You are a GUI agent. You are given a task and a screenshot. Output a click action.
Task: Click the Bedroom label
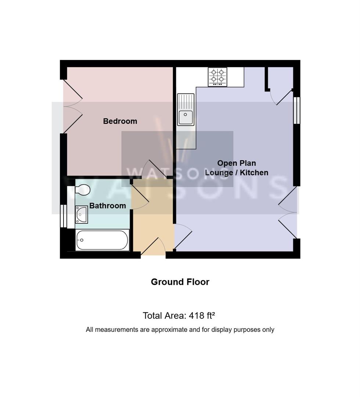(x=120, y=121)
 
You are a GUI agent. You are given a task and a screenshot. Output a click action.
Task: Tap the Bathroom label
(x=107, y=205)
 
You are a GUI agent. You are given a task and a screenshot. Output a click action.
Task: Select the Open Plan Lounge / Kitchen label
(x=236, y=168)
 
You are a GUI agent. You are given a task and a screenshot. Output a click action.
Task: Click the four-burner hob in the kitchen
(x=217, y=77)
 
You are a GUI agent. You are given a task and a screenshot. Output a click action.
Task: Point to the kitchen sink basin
(x=186, y=118)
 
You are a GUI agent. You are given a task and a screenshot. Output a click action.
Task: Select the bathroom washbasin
(x=81, y=214)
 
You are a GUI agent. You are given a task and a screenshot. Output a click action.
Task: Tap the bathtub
(x=102, y=240)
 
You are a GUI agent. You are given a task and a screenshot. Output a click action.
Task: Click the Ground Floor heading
(x=180, y=282)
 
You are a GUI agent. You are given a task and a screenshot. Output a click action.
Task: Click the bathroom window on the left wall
(x=63, y=216)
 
